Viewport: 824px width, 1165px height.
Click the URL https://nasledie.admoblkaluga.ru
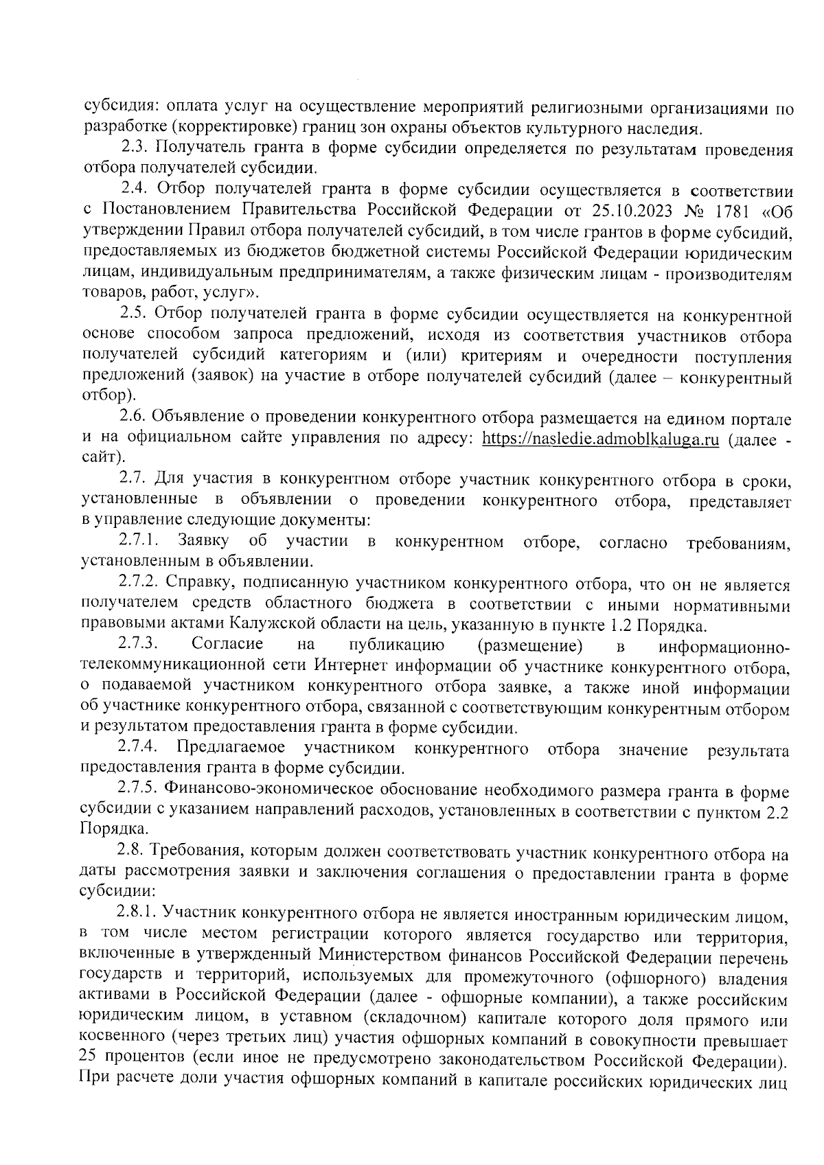click(601, 439)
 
